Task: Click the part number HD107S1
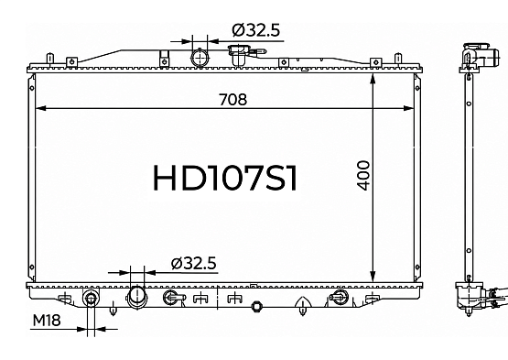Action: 225,178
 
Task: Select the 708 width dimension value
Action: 232,100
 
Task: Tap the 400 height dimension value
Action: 364,176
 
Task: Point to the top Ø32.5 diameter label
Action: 256,30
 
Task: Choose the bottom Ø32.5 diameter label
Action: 193,263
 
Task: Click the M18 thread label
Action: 47,321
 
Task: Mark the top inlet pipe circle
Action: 200,59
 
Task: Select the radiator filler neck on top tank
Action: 239,54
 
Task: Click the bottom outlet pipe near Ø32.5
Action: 137,297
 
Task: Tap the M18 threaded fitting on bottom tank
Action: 91,298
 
